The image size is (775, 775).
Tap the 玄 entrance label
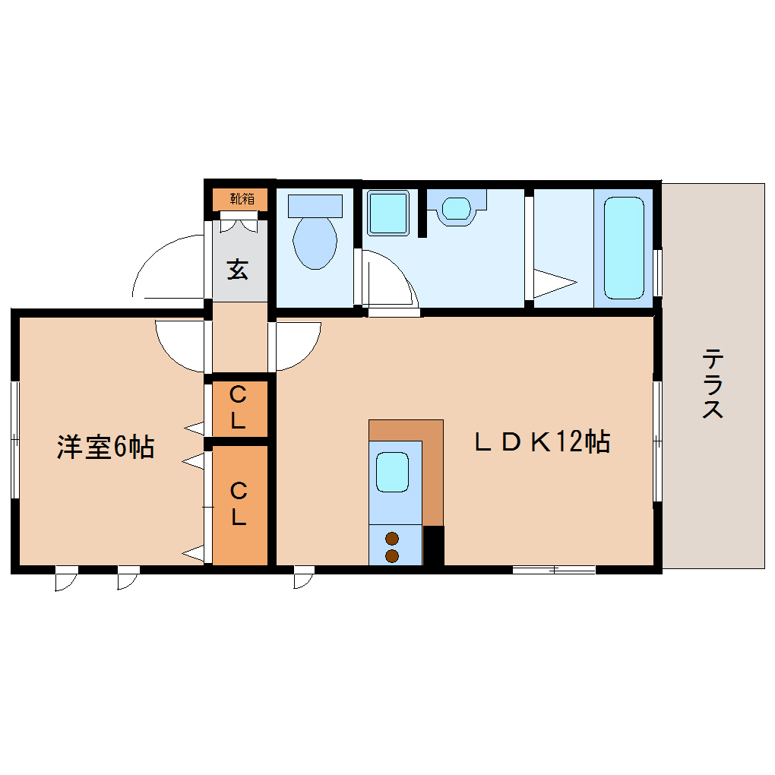click(239, 269)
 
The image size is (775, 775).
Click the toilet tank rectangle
click(315, 204)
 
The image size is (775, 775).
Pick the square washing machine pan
click(387, 212)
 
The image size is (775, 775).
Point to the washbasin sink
click(456, 207)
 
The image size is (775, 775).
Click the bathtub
click(624, 248)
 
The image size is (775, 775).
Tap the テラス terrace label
click(712, 384)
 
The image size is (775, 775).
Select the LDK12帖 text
click(542, 441)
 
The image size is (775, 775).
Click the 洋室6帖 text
click(106, 447)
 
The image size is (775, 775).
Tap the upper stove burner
click(392, 539)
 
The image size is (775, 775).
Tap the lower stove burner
click(392, 556)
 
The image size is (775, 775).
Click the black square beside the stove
click(433, 546)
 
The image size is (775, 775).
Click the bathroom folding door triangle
click(553, 283)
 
